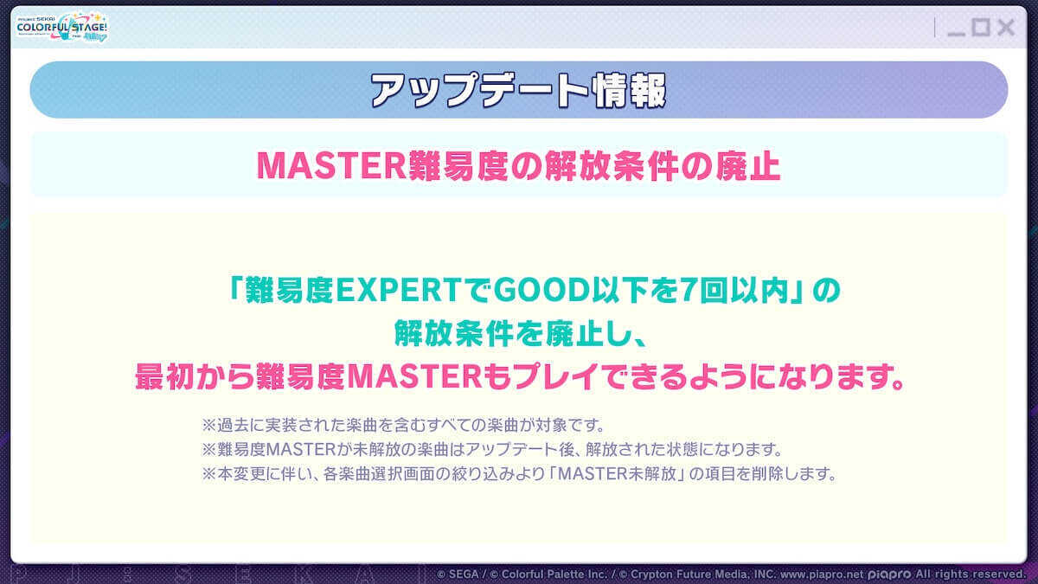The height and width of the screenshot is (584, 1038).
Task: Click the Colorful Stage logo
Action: [62, 28]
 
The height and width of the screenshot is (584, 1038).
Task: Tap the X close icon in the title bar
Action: [1005, 28]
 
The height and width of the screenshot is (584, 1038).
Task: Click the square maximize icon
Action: [980, 28]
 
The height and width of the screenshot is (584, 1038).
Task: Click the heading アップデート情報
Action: [519, 90]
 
